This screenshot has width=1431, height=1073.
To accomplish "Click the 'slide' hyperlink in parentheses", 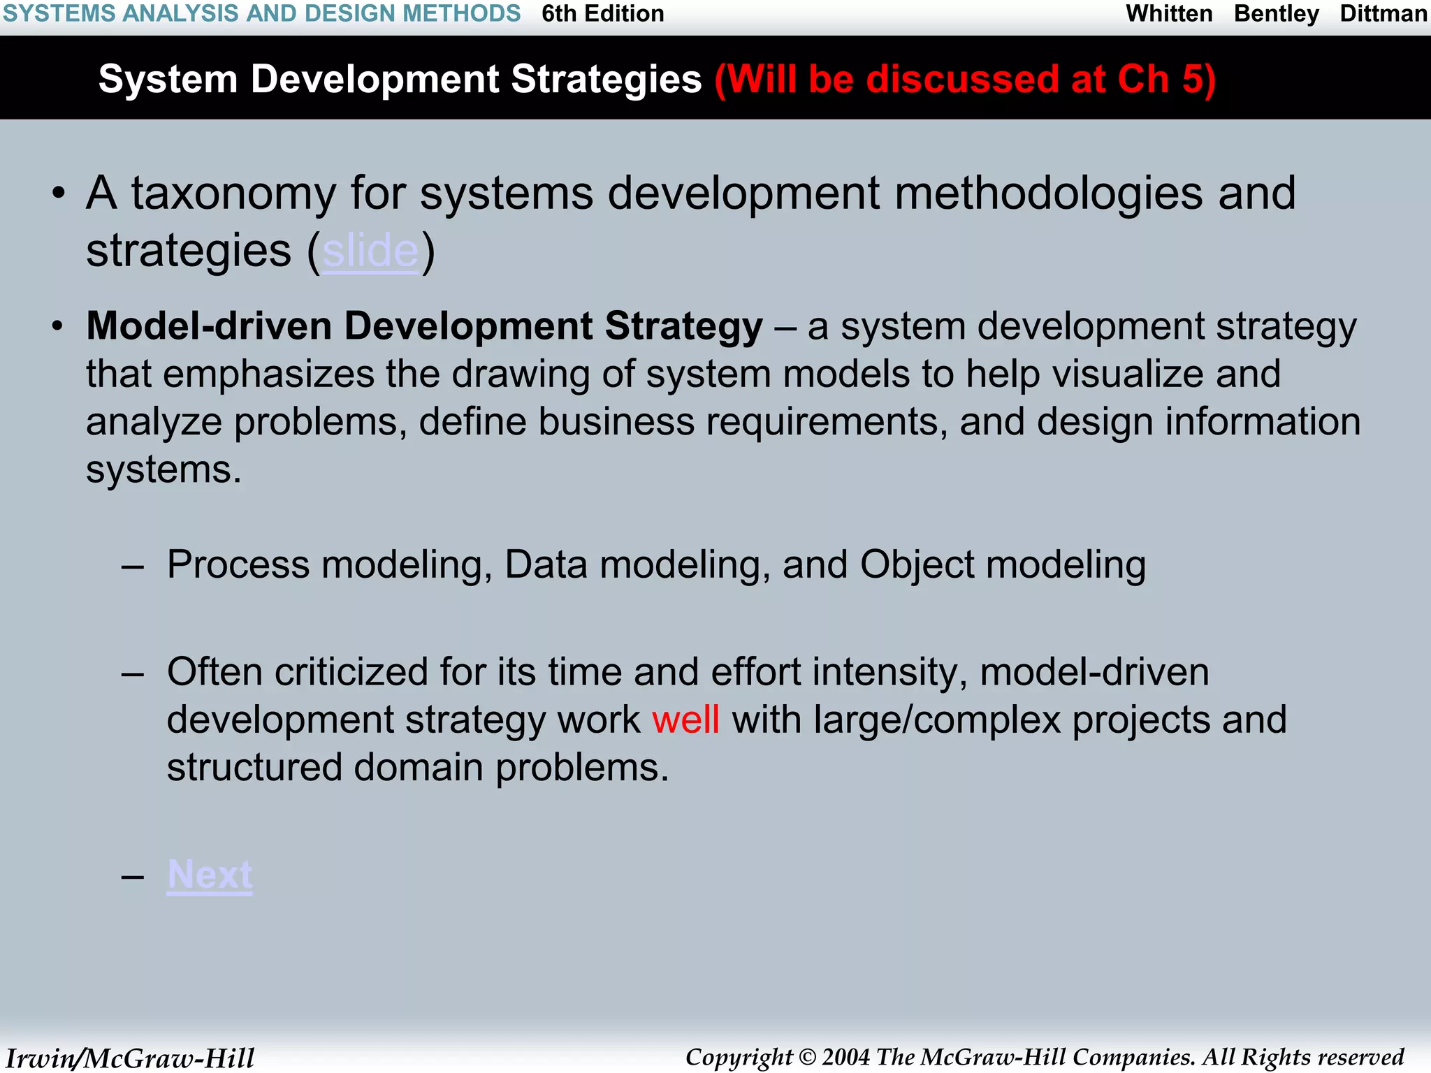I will [370, 251].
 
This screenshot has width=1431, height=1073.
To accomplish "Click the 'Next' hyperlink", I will [210, 874].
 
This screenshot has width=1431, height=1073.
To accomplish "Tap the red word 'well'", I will [685, 720].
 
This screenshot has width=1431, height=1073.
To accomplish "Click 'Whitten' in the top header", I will [1169, 14].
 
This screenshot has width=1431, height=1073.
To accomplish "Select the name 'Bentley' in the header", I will [1276, 14].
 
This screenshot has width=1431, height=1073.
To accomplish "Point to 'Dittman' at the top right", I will [1383, 14].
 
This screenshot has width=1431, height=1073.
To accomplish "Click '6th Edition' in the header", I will [602, 14].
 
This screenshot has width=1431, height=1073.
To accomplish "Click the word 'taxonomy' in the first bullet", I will [233, 194].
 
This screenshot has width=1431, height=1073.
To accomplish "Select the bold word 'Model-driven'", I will [208, 326].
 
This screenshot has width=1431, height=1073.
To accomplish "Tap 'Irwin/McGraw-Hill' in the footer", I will [130, 1058].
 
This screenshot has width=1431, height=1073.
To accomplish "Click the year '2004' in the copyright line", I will [847, 1057].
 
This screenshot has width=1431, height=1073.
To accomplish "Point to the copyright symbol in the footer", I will [807, 1058].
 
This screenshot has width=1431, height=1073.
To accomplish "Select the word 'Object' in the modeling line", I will [917, 564].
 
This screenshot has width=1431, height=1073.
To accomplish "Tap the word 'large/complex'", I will [936, 720].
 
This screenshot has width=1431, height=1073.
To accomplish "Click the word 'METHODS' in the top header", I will [461, 14].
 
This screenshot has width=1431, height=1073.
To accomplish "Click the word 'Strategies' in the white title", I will [606, 79].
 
